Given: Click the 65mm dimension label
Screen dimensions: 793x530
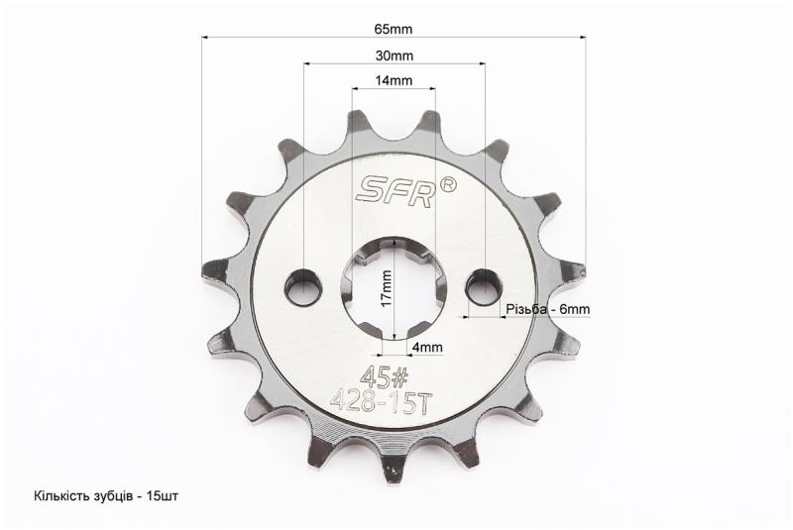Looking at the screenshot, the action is [393, 29].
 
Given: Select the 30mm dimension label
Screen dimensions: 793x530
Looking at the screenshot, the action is [394, 55].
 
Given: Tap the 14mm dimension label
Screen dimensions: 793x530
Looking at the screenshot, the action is [394, 80].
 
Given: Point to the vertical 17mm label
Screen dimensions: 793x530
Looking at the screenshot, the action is [387, 288].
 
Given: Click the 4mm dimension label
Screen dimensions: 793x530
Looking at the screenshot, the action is [427, 347].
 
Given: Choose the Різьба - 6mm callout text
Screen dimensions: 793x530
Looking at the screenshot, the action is [548, 309].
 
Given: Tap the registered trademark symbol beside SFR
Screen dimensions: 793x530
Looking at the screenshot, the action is [449, 185].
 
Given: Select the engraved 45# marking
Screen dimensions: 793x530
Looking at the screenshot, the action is [384, 376].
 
